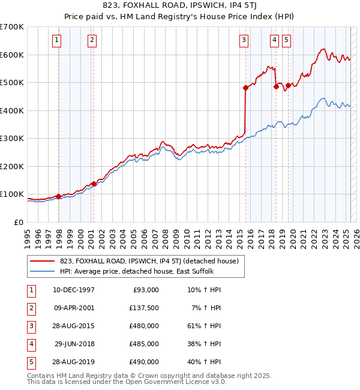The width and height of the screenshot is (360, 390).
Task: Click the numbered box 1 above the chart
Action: click(56, 40)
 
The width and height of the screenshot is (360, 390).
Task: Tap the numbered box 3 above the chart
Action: click(244, 40)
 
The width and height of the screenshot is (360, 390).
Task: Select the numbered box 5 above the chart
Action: click(286, 40)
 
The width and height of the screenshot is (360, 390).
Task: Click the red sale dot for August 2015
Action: click(245, 88)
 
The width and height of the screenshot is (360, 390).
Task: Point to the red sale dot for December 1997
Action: click(58, 196)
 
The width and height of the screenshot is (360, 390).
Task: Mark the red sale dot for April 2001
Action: click(94, 184)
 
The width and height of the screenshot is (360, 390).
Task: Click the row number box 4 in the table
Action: click(31, 344)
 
